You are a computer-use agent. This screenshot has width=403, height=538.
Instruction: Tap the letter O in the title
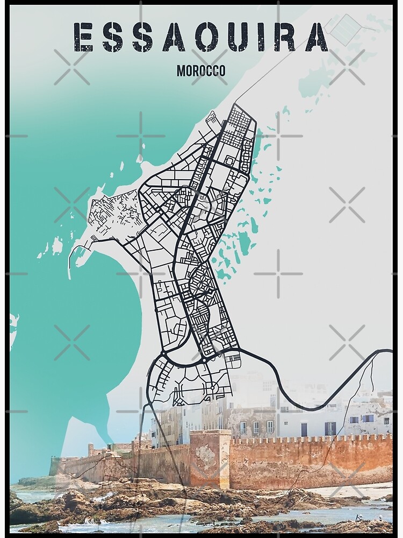click(x=208, y=37)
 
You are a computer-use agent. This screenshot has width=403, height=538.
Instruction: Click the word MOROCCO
click(x=200, y=70)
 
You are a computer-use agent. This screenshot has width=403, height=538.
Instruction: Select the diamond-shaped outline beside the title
click(x=343, y=29)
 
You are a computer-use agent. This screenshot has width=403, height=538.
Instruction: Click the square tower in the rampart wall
click(x=210, y=457)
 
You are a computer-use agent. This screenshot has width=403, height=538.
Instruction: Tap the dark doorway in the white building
click(x=305, y=429)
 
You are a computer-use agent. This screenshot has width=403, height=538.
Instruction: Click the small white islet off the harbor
click(x=57, y=246)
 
